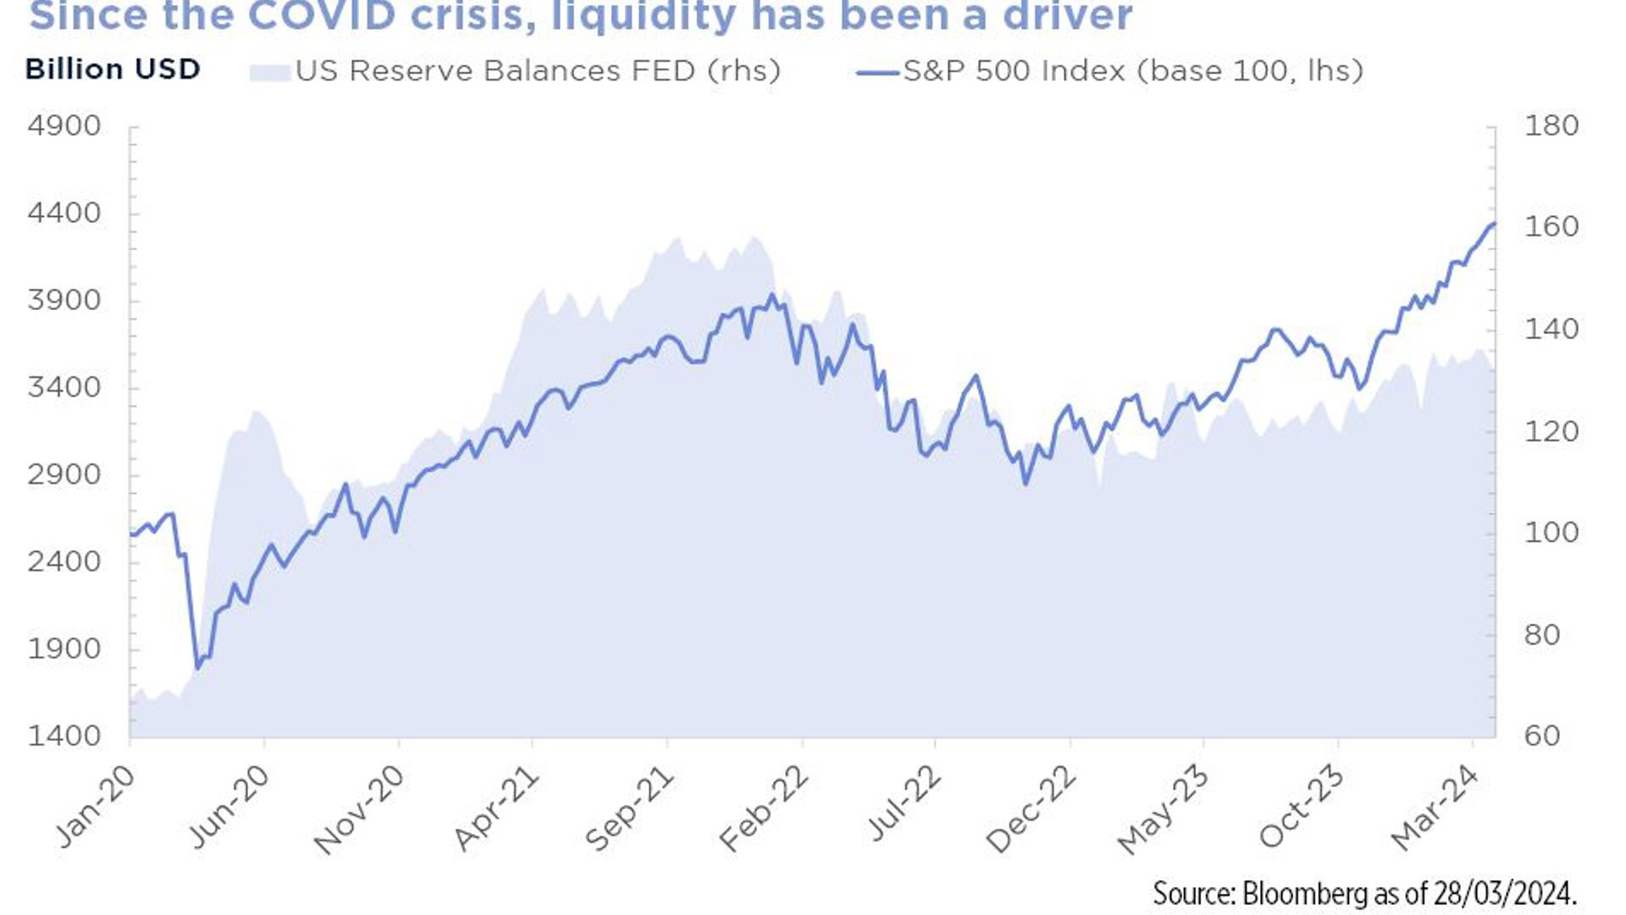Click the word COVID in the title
click(323, 15)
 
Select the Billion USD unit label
click(113, 69)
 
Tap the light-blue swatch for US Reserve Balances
click(269, 71)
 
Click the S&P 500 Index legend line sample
click(877, 73)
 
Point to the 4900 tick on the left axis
click(64, 126)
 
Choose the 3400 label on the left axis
click(64, 388)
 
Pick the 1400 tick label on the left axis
click(64, 735)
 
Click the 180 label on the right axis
click(1551, 126)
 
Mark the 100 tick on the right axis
click(1551, 533)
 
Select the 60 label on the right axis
click(1541, 735)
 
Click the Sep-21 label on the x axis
click(630, 808)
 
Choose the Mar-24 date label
click(1435, 807)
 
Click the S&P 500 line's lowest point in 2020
click(198, 668)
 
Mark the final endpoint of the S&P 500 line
click(1493, 224)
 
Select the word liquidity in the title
click(644, 15)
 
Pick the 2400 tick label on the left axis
click(64, 562)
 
